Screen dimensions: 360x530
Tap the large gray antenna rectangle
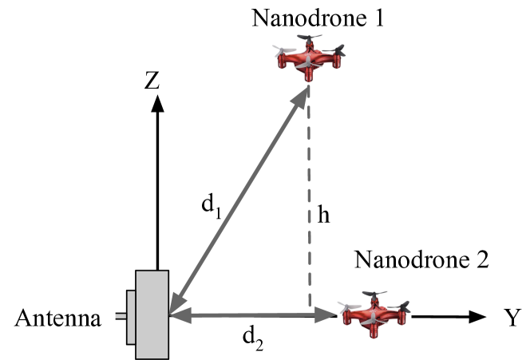152,315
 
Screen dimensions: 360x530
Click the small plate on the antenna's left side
131,317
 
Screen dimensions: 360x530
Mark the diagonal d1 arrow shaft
239,200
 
